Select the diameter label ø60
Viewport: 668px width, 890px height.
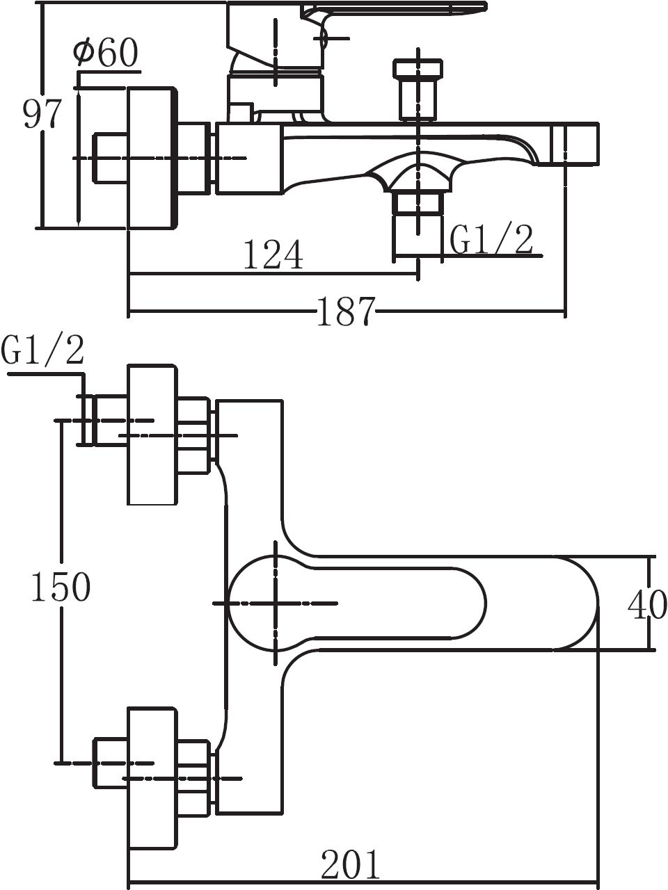point(106,54)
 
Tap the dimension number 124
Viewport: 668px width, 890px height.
point(273,255)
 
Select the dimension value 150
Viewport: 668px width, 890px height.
point(61,588)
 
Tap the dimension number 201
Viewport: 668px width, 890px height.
point(351,866)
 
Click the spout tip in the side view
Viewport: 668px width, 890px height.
point(573,145)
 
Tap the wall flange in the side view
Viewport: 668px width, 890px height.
point(152,158)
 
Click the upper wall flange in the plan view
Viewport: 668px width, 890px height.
point(152,434)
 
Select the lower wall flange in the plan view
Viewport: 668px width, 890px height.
point(152,777)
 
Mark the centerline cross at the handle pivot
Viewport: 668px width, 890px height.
point(277,603)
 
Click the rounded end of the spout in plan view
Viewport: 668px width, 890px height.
point(578,603)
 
